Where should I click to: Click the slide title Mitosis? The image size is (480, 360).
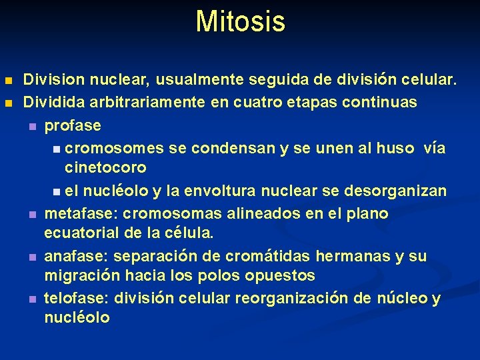pyautogui.click(x=240, y=21)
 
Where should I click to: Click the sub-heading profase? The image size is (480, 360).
pyautogui.click(x=73, y=125)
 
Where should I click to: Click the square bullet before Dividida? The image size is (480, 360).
pyautogui.click(x=8, y=103)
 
